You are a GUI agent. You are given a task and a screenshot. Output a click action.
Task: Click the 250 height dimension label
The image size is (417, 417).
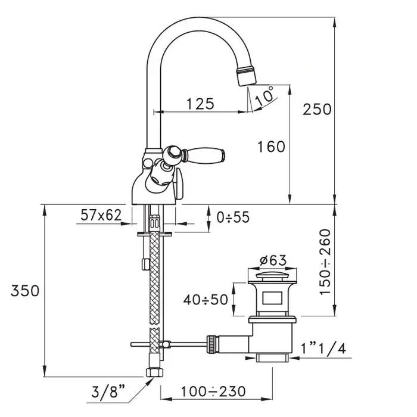pos(317,109)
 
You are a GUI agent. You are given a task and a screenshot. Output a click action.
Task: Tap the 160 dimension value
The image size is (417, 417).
pos(271,147)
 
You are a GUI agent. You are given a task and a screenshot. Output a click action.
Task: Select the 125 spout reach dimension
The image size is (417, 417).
pos(200,104)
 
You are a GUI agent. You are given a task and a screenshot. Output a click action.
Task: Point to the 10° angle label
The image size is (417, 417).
pos(264,96)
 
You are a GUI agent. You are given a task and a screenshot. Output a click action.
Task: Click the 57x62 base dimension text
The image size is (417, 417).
pos(101,215)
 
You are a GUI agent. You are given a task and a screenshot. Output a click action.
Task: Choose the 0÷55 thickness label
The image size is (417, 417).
pos(233,217)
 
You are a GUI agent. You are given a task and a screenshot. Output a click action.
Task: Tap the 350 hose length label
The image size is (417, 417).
pos(25,291)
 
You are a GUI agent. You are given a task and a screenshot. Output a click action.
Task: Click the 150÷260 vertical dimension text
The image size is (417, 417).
pos(325,262)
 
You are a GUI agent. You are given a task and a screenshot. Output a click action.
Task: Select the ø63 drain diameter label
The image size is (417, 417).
pos(273,260)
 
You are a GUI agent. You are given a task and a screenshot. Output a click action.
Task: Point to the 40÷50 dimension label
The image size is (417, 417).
pos(206,300)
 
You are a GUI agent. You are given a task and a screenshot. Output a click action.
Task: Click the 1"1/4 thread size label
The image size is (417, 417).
pos(323,348)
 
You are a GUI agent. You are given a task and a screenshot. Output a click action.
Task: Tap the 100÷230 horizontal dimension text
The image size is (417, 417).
pos(213,391)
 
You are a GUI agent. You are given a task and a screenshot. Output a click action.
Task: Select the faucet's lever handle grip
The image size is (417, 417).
pos(206,154)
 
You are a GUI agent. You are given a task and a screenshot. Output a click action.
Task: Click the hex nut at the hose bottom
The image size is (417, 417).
pos(154,372)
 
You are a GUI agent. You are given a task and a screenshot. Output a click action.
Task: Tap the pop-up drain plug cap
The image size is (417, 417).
pos(272,275)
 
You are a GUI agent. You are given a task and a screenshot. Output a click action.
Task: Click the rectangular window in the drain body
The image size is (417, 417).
pos(272,298)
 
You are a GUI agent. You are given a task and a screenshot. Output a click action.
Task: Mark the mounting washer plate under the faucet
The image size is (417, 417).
pos(154,234)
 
